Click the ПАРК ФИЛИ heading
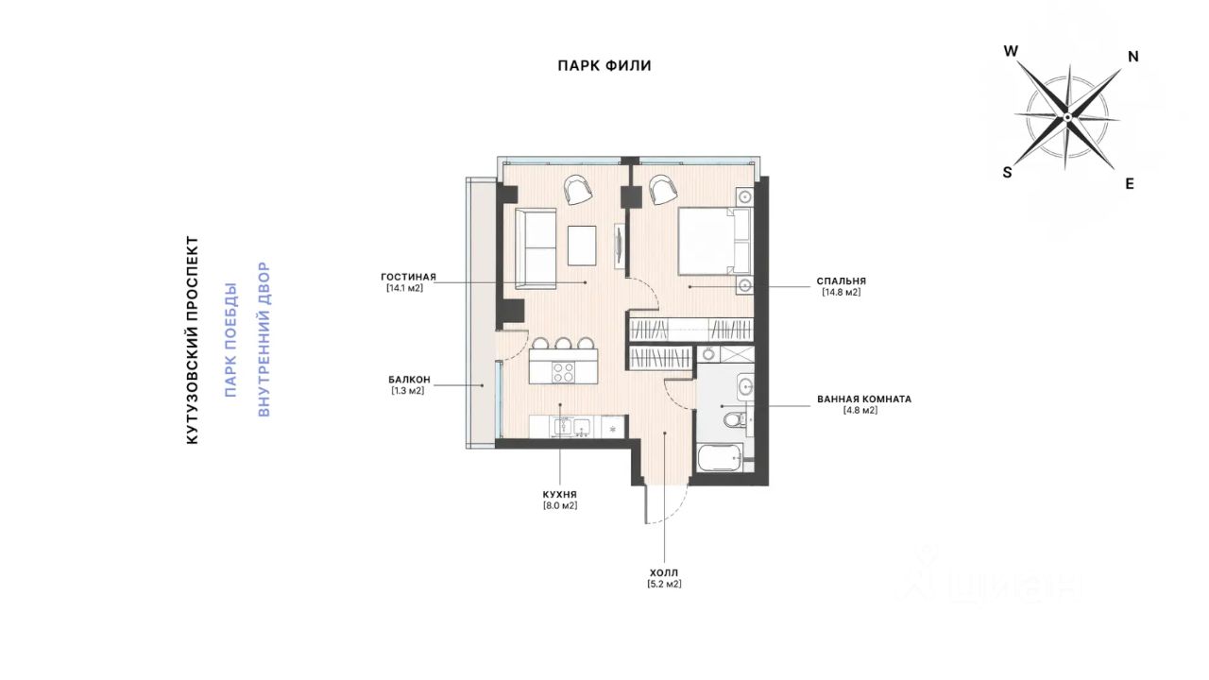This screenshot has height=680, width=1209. coord(604,66)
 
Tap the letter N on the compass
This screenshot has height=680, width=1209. coord(1132,57)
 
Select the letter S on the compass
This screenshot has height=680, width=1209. coord(1007,172)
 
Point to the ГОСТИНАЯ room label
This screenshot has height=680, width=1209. coord(408,277)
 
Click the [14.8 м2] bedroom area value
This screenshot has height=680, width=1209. coord(842,293)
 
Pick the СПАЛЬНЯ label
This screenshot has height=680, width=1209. coord(842,281)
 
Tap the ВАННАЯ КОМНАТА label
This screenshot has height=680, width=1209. coord(864,399)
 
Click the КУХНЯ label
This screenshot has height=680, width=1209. coord(560,494)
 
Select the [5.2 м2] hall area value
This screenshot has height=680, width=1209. coord(664,584)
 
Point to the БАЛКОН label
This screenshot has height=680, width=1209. coord(409,380)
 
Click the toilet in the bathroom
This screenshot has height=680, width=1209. coord(736,418)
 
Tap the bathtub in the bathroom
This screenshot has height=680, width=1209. coord(721,458)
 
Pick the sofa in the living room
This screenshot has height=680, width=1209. coord(536,248)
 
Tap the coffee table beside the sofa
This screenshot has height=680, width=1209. coord(582,246)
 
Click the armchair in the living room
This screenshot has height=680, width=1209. coord(578,190)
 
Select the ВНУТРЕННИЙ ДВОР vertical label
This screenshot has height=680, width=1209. coord(264,339)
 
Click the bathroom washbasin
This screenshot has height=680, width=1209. coord(746,386)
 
